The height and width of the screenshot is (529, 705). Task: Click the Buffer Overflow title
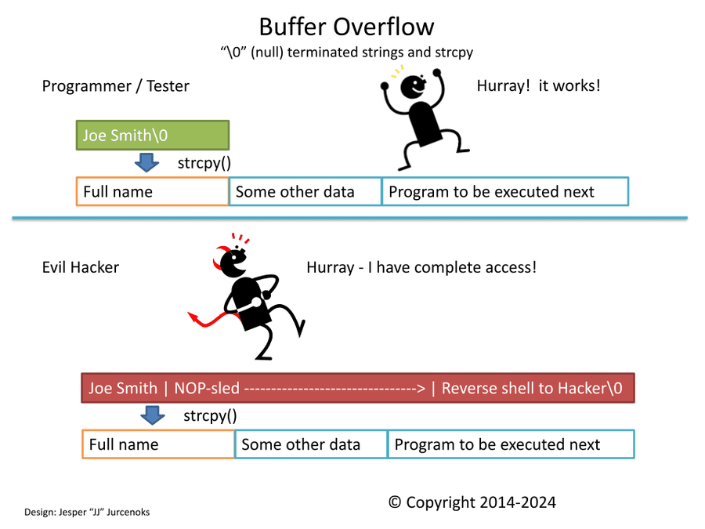(x=347, y=27)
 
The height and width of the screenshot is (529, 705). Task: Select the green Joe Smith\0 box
(x=153, y=135)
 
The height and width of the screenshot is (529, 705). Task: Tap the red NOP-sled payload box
(x=358, y=388)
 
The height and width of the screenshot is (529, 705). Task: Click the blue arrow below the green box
(x=146, y=162)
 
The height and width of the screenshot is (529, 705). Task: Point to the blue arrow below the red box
(x=153, y=415)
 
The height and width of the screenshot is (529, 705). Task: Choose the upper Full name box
(x=153, y=192)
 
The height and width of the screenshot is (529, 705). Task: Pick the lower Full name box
(x=158, y=444)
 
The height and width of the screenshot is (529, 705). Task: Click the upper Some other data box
(x=305, y=192)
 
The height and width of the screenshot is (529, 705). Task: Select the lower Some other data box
(x=311, y=444)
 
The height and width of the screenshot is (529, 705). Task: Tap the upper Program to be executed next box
(x=505, y=192)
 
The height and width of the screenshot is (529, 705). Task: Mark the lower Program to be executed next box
(x=512, y=444)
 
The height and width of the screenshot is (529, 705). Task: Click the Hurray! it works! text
(x=539, y=85)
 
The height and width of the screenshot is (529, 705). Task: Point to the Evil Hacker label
(x=81, y=267)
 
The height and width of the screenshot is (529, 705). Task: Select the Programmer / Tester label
(x=116, y=86)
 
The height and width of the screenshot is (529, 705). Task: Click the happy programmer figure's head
(x=413, y=86)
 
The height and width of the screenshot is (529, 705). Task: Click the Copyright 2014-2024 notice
(x=472, y=502)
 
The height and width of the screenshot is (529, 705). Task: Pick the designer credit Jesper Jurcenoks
(x=87, y=512)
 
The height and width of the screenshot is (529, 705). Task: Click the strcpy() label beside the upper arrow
(x=204, y=163)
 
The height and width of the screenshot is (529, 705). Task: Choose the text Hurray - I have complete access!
(x=421, y=267)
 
